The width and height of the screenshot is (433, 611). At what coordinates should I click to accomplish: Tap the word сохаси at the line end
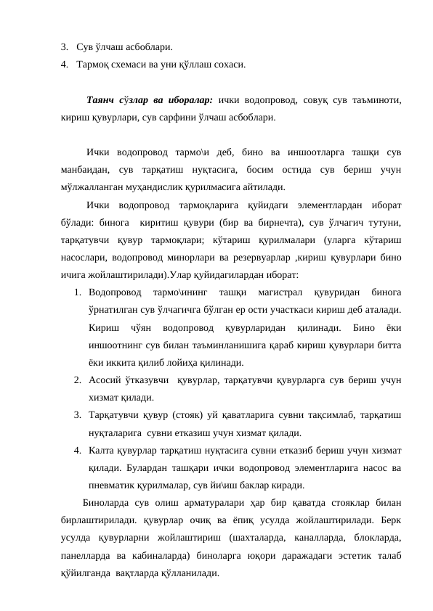click(227, 65)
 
